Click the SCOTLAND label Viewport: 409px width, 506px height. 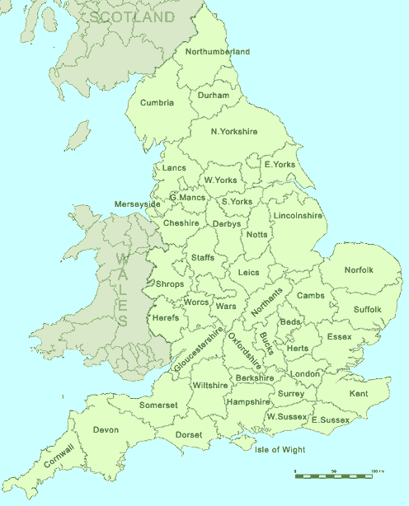pyautogui.click(x=133, y=17)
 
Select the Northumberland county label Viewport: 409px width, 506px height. pyautogui.click(x=218, y=52)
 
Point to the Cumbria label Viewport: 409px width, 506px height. pyautogui.click(x=157, y=103)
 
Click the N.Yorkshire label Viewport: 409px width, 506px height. pyautogui.click(x=234, y=132)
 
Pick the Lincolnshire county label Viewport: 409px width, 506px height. pyautogui.click(x=298, y=216)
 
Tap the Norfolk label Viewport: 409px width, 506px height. pyautogui.click(x=359, y=270)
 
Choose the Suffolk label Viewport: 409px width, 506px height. pyautogui.click(x=368, y=310)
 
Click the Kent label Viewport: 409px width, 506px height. pyautogui.click(x=359, y=395)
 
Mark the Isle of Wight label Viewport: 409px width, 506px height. pyautogui.click(x=280, y=450)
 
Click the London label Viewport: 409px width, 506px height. pyautogui.click(x=305, y=374)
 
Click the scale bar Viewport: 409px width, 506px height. pyautogui.click(x=333, y=476)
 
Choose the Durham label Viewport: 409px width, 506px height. pyautogui.click(x=214, y=96)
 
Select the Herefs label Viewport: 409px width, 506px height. pyautogui.click(x=166, y=318)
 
